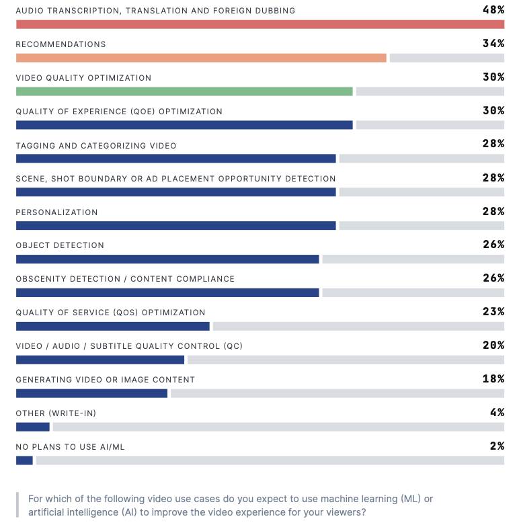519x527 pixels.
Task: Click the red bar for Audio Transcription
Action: [x=260, y=24]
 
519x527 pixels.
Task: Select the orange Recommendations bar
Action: [x=202, y=58]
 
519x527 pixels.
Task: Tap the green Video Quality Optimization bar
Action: [x=184, y=91]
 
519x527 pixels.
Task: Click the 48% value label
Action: [x=493, y=9]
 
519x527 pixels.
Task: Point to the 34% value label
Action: [x=493, y=43]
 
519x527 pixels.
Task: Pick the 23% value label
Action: [x=493, y=312]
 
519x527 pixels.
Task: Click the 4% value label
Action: [x=497, y=413]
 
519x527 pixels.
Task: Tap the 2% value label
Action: [x=497, y=446]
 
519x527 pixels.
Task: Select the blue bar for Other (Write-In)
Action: [x=33, y=427]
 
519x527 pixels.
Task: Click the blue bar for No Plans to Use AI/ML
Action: [x=24, y=460]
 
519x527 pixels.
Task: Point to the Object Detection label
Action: [x=60, y=245]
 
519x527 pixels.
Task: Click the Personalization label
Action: [x=56, y=212]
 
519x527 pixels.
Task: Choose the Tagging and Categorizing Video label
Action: [x=96, y=146]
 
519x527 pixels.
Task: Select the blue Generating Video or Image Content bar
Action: [x=91, y=393]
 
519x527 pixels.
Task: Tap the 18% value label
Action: [x=493, y=379]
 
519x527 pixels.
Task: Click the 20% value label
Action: [x=493, y=346]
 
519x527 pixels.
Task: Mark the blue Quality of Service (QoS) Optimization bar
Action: [x=113, y=326]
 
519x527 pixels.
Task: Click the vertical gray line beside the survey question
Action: [x=17, y=505]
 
